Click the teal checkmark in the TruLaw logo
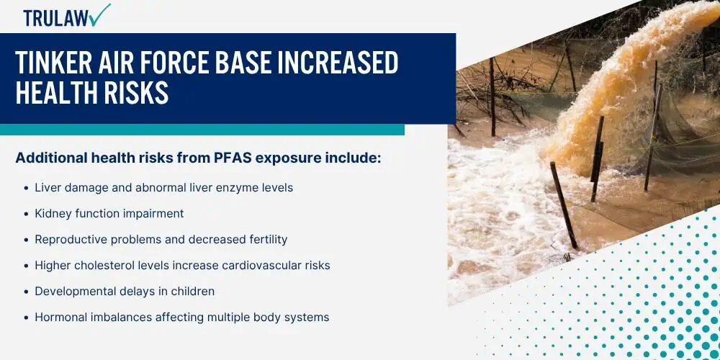pos(100,16)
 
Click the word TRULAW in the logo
pos(56,18)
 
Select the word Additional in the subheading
pos(51,158)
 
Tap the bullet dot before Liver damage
pos(26,188)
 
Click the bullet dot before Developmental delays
pos(26,292)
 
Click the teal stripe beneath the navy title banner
pos(202,130)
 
